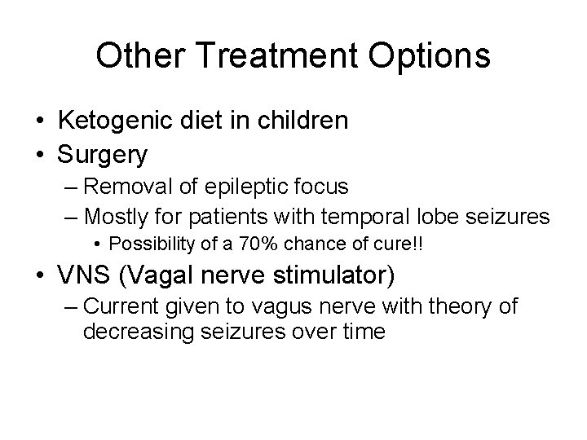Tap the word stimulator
tap(330, 275)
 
